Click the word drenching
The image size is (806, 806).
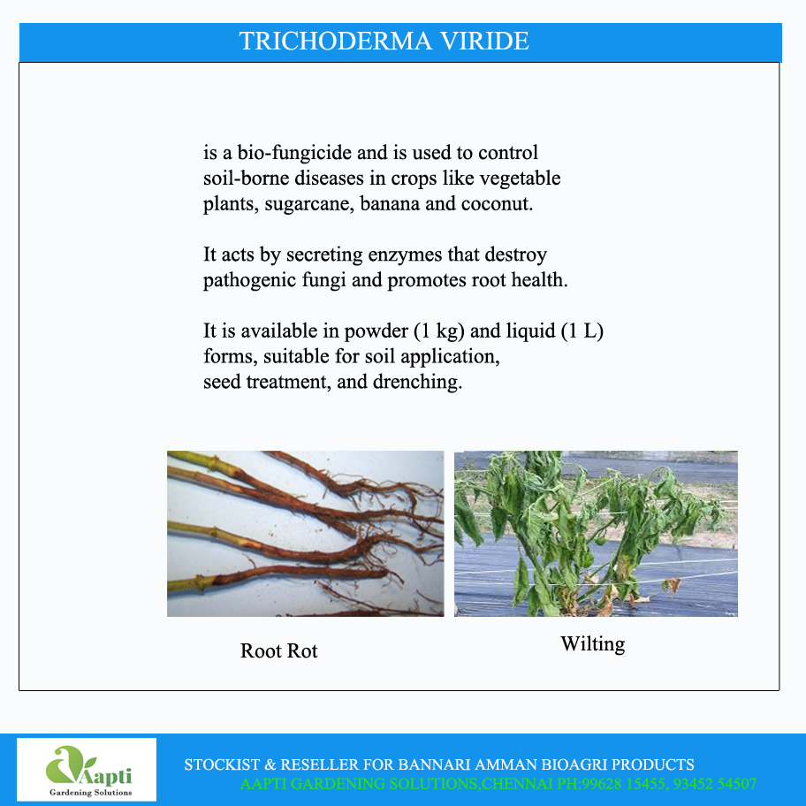(x=421, y=384)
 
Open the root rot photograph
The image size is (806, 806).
(x=305, y=533)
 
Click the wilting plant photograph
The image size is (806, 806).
(x=596, y=533)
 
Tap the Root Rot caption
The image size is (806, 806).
(x=278, y=651)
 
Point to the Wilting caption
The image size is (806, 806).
(x=592, y=644)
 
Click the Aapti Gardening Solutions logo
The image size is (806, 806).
(x=87, y=770)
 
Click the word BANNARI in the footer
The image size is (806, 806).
(x=432, y=764)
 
